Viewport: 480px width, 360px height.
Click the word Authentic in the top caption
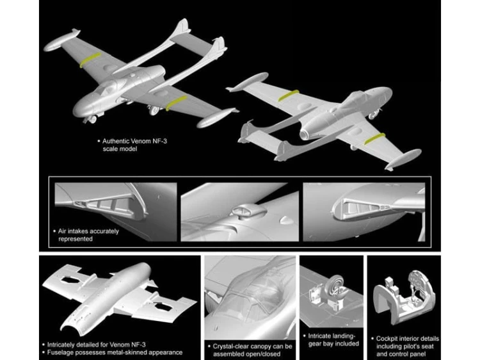116,141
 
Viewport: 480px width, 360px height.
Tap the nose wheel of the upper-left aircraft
92,119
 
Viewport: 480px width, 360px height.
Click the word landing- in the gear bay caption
343,336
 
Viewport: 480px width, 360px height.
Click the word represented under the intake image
76,239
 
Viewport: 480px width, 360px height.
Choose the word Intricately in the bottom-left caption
61,345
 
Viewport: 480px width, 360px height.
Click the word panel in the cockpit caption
417,354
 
